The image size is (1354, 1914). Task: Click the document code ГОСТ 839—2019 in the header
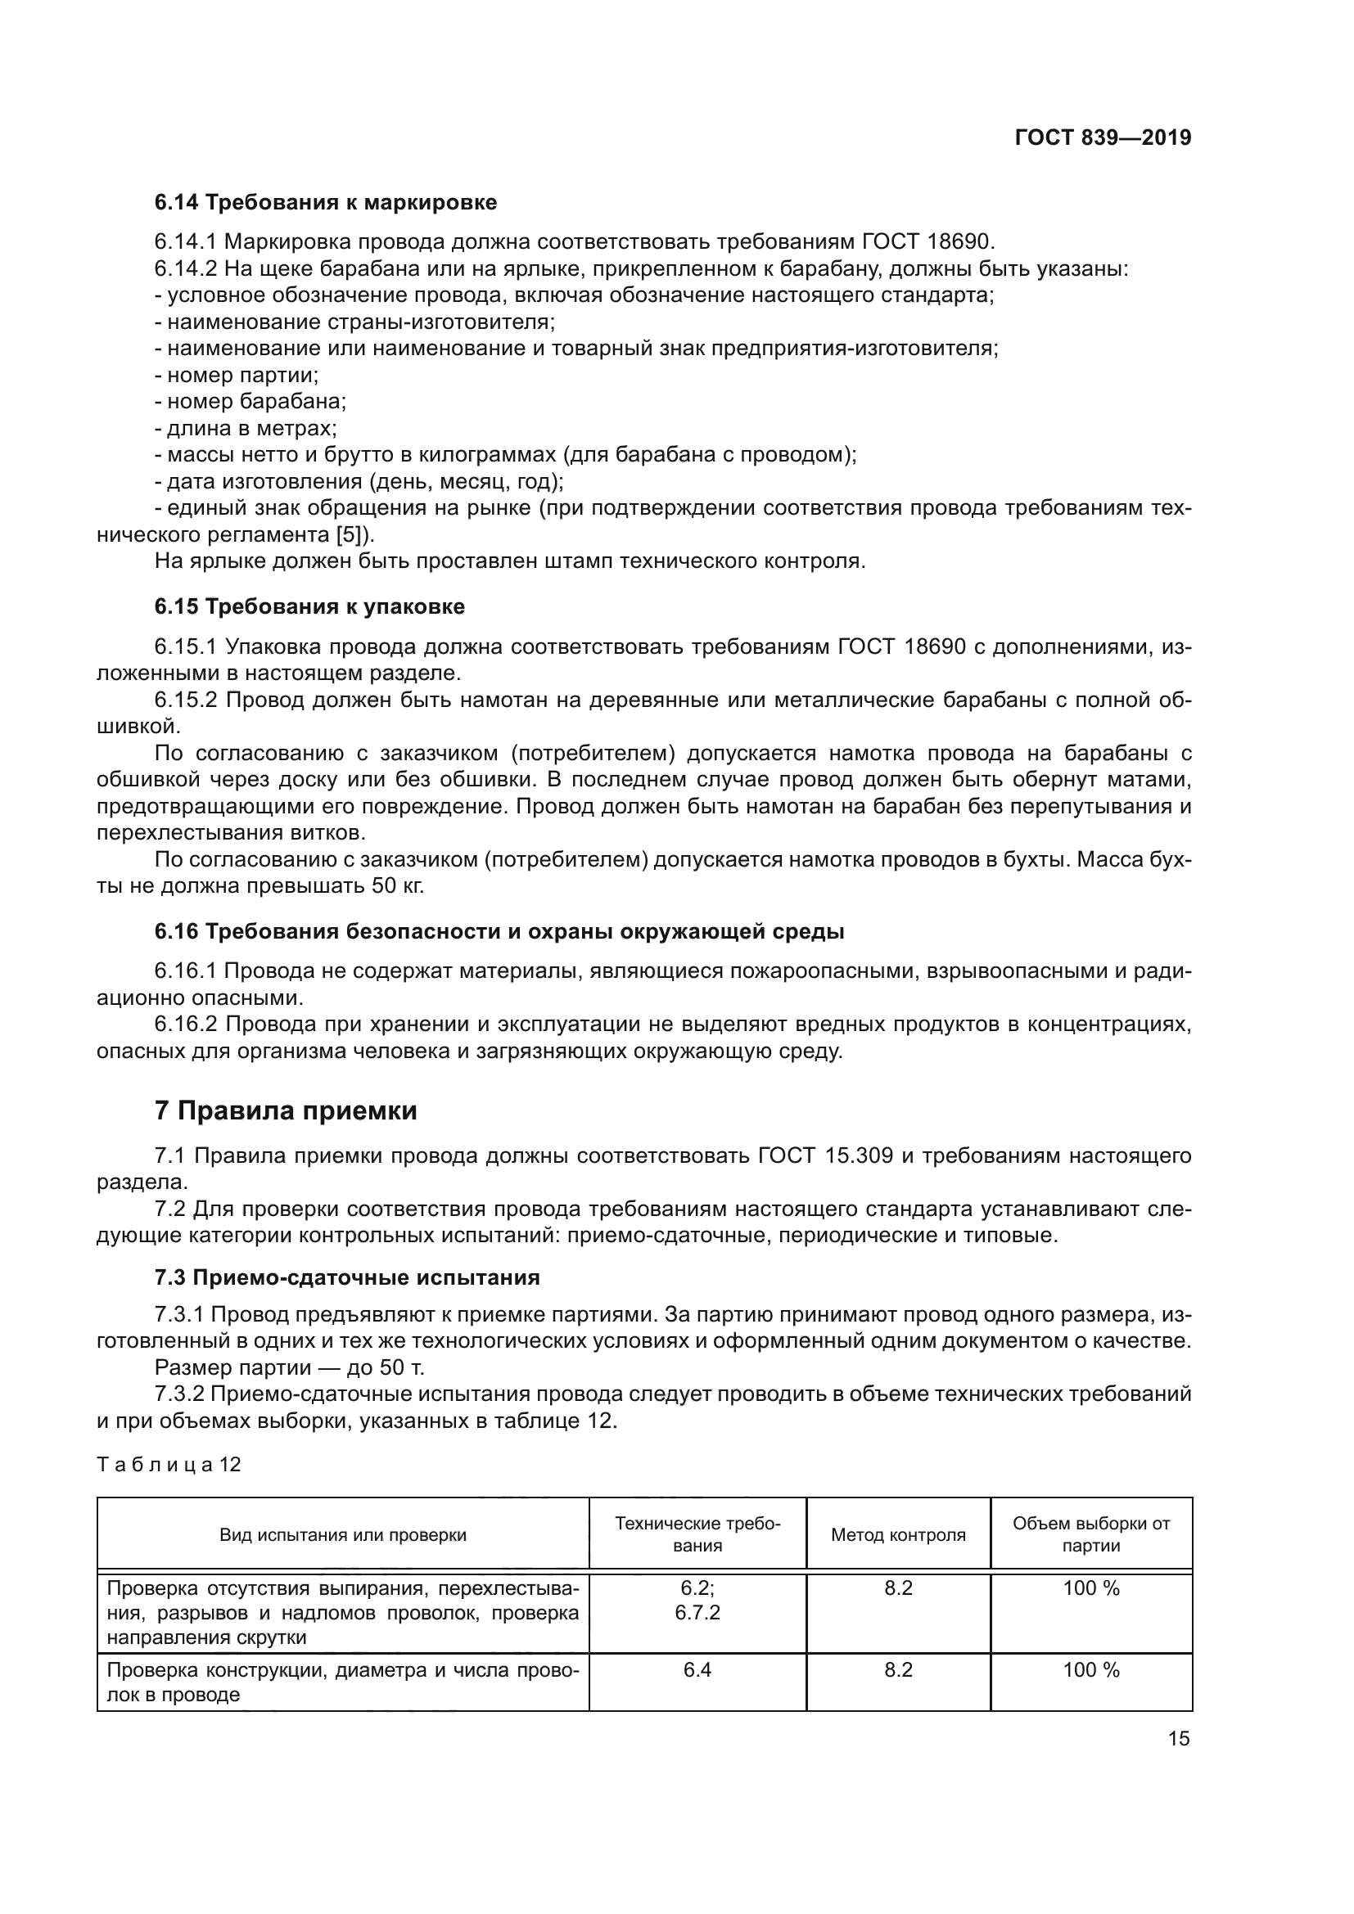tap(1102, 137)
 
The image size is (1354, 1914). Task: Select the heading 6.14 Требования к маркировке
tap(325, 203)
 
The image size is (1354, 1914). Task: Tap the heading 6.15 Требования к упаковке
tap(309, 607)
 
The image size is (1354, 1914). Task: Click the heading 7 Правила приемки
tap(285, 1110)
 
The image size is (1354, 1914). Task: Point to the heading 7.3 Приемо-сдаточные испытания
tap(347, 1277)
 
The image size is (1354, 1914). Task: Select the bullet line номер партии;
tap(237, 375)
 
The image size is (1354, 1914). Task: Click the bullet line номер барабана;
tap(250, 402)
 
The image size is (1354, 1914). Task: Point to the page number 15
tap(1178, 1739)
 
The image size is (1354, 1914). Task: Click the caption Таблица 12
tap(169, 1464)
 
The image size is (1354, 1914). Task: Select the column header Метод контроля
tap(898, 1534)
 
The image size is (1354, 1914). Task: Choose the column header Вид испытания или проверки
tap(343, 1534)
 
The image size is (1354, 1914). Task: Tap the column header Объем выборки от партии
tap(1090, 1534)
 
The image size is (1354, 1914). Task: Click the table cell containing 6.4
tap(697, 1670)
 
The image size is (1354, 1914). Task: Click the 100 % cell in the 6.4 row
tap(1090, 1670)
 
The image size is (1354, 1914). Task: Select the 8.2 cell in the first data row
tap(898, 1588)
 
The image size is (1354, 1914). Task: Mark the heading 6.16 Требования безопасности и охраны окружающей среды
tap(499, 931)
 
